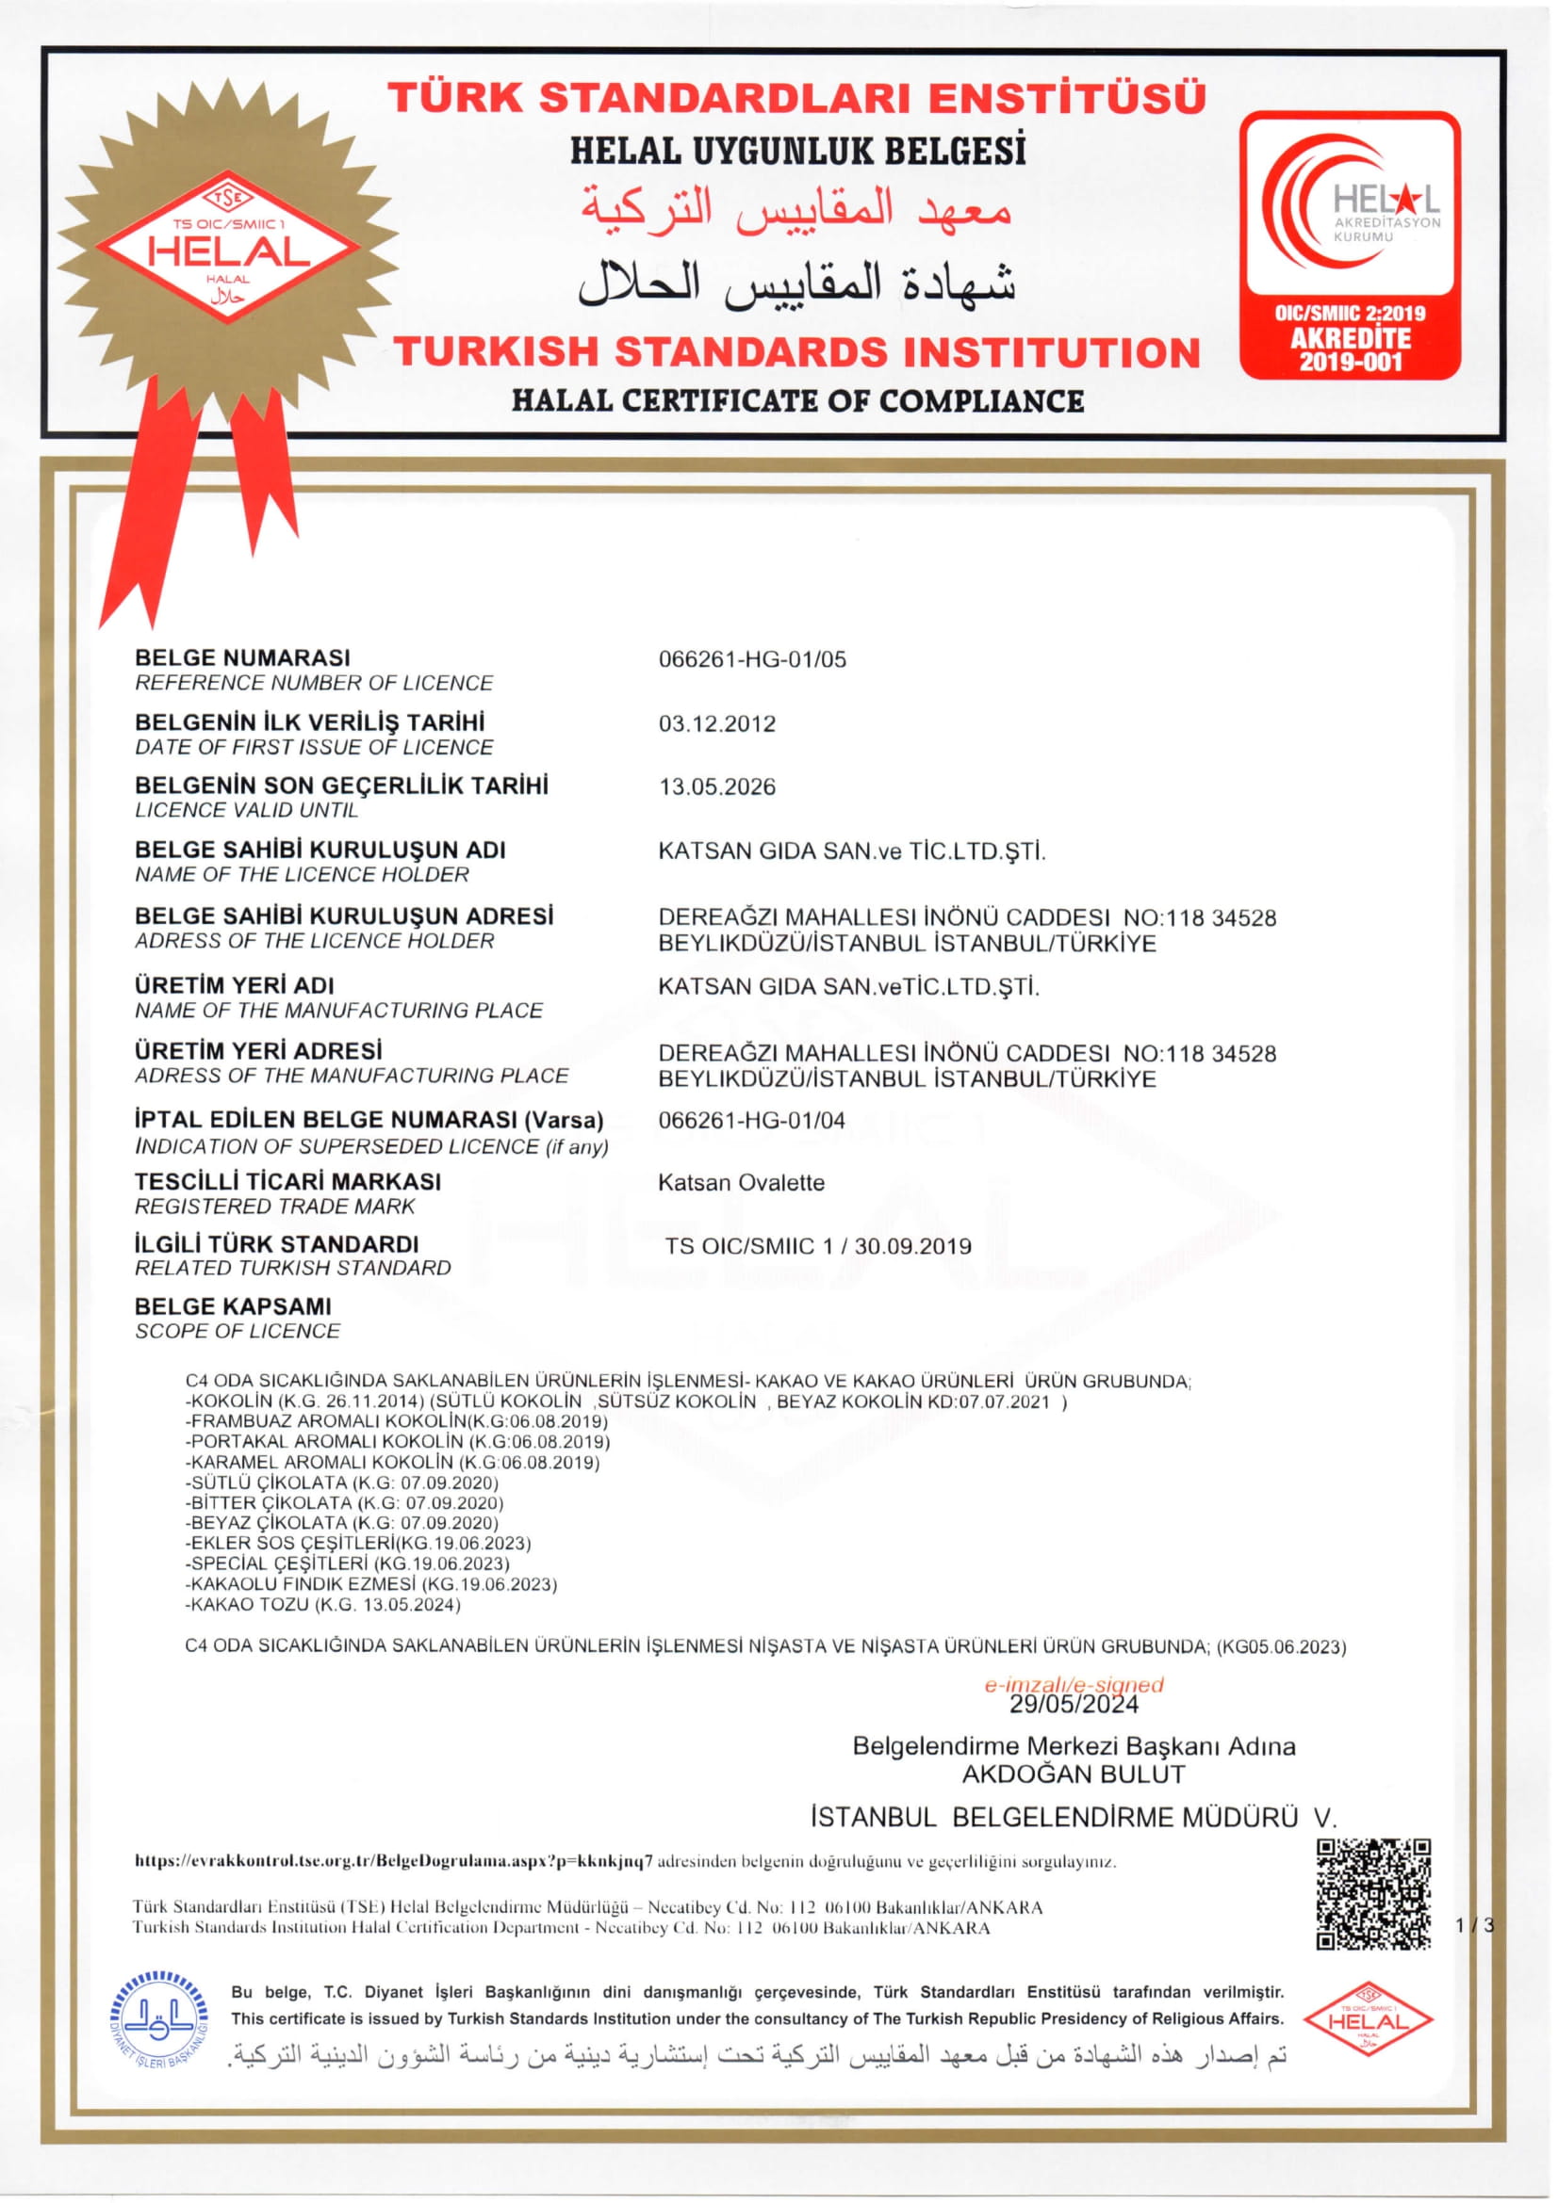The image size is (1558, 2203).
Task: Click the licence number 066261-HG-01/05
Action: pyautogui.click(x=751, y=659)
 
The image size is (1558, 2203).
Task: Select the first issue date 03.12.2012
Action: pyautogui.click(x=716, y=723)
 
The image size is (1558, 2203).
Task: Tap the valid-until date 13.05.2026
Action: pyautogui.click(x=716, y=786)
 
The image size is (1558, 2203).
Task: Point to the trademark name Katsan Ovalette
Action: pyautogui.click(x=741, y=1182)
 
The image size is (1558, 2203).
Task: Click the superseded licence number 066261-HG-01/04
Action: pyautogui.click(x=751, y=1120)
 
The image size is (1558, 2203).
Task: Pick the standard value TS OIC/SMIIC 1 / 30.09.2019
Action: pyautogui.click(x=818, y=1245)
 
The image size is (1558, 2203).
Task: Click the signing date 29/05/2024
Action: pyautogui.click(x=1074, y=1704)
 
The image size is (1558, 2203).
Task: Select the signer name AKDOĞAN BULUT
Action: pyautogui.click(x=1074, y=1774)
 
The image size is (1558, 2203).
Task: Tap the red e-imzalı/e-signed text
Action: pyautogui.click(x=1074, y=1685)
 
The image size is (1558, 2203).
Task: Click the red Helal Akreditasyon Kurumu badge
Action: pyautogui.click(x=1350, y=245)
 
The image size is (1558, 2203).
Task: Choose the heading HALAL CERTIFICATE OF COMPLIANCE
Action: pyautogui.click(x=796, y=400)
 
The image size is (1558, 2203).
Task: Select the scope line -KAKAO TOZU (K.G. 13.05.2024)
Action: pyautogui.click(x=322, y=1604)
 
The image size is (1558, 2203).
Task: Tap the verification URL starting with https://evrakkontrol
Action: pyautogui.click(x=394, y=1861)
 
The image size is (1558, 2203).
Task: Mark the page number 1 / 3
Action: pyautogui.click(x=1474, y=1925)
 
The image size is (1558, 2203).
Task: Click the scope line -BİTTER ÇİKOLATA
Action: pyautogui.click(x=344, y=1502)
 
